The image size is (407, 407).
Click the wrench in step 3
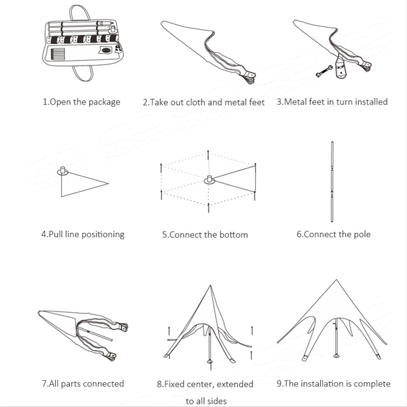click(x=324, y=71)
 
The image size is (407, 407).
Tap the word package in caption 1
click(x=104, y=102)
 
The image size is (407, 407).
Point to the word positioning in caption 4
click(x=103, y=235)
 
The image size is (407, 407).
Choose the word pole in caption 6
click(x=362, y=235)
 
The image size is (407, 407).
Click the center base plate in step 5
click(x=209, y=180)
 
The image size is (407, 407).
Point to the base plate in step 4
click(x=62, y=171)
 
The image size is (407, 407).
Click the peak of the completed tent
click(x=336, y=280)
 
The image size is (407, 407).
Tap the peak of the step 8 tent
click(x=210, y=286)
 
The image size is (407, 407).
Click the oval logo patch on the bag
click(x=106, y=50)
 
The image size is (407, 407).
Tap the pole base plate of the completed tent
click(x=336, y=355)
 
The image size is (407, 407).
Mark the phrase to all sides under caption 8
click(x=206, y=401)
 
